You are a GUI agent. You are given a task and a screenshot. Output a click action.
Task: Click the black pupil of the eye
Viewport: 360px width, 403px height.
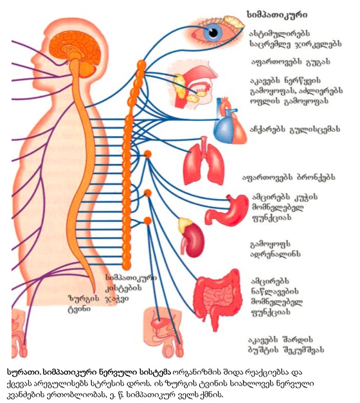(213, 32)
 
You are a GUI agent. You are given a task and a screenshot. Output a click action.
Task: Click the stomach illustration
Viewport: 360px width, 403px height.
(226, 210)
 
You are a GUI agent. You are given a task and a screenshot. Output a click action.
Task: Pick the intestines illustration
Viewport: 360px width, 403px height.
(217, 298)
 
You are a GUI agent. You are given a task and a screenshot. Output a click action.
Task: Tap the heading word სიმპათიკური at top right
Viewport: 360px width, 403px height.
(277, 14)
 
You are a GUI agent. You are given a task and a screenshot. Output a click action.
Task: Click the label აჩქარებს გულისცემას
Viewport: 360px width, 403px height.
(295, 129)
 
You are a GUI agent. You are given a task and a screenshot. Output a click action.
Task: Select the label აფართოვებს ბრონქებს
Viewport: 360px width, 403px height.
(289, 177)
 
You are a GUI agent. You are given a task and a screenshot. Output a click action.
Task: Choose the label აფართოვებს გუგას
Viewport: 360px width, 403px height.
(291, 62)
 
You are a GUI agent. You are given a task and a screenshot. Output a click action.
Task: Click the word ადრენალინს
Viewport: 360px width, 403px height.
(275, 254)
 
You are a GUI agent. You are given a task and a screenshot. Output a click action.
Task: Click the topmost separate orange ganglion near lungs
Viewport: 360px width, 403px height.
(148, 154)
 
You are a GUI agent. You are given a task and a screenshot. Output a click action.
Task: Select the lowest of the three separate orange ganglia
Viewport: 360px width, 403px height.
(148, 220)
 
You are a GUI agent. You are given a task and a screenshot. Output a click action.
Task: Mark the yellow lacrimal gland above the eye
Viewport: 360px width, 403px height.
(233, 22)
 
